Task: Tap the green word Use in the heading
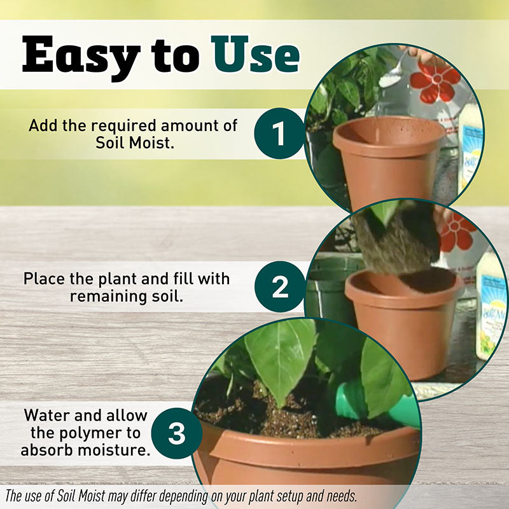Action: point(255,54)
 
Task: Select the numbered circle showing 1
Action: point(279,134)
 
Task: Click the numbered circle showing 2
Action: point(280,287)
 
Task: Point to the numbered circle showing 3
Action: point(177,433)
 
